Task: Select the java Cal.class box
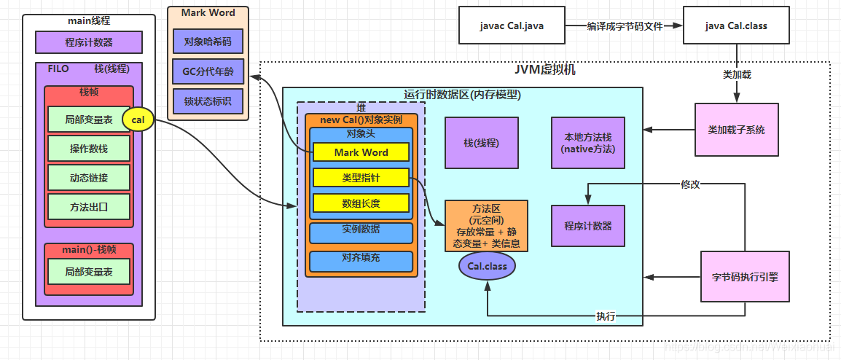coord(736,26)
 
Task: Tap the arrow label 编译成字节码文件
coord(625,26)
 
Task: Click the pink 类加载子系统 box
coord(736,130)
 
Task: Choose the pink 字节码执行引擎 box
coord(744,277)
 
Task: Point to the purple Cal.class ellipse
coord(487,266)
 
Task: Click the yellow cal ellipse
coord(138,120)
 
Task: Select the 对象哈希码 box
coord(208,42)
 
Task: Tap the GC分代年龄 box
coord(208,71)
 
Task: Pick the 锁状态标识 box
coord(208,101)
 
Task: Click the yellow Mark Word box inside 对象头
coord(361,152)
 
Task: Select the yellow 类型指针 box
coord(361,178)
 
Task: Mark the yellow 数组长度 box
coord(361,203)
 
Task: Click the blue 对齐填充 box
coord(361,258)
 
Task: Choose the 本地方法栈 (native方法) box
coord(588,143)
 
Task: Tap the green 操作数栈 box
coord(89,149)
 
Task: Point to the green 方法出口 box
coord(89,206)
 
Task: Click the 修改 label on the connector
coord(690,184)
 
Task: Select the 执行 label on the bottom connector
coord(605,316)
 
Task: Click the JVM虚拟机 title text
coord(544,70)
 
